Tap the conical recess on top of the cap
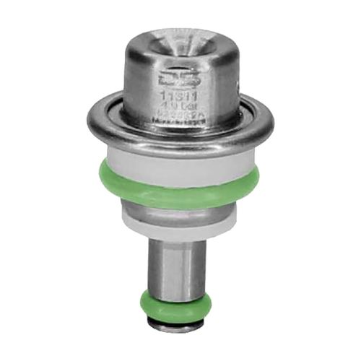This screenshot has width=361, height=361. (x=180, y=42)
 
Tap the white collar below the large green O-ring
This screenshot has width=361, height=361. (x=180, y=220)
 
